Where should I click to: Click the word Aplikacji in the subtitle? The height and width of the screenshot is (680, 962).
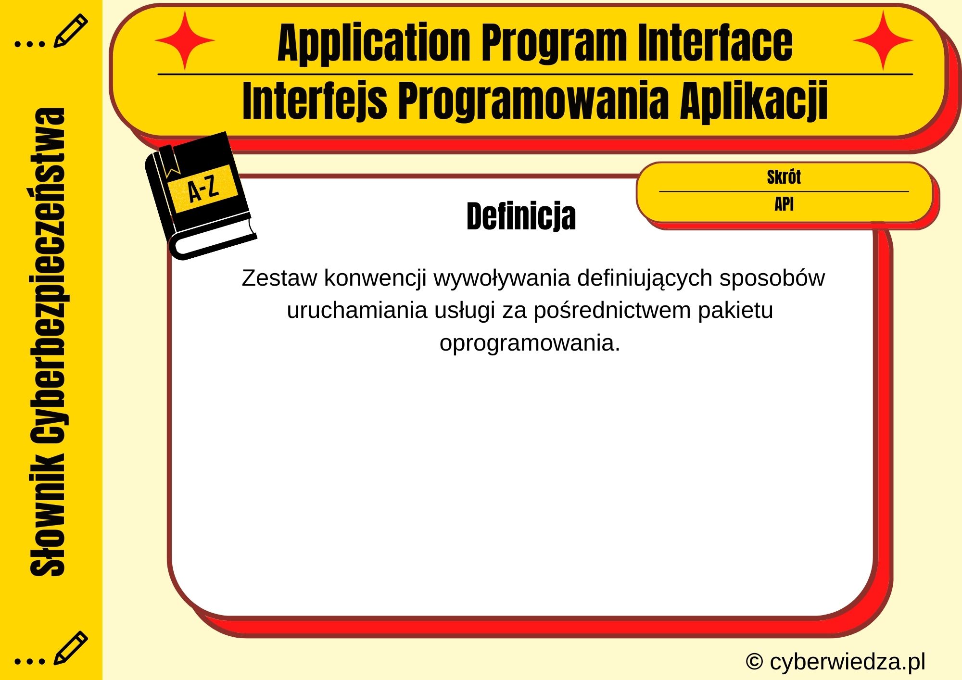click(754, 101)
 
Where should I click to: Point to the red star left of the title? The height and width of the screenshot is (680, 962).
click(185, 40)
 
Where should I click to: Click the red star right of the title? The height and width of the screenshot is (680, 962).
click(883, 40)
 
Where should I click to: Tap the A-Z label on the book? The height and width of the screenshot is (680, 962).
click(203, 189)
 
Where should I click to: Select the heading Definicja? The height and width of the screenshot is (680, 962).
click(521, 216)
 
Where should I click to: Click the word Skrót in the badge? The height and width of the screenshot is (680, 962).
click(784, 177)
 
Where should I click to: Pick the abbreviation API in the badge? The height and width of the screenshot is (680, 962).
click(784, 204)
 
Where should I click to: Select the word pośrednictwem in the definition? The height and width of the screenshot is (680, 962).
click(612, 311)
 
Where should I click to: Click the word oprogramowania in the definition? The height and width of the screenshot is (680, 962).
click(529, 343)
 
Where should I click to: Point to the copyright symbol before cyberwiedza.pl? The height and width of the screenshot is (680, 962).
click(754, 662)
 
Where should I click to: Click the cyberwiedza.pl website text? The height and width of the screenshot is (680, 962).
click(847, 662)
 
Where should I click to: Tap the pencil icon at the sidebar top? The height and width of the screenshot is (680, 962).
click(70, 31)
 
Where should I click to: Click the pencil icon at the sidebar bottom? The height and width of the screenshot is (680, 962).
click(70, 647)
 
